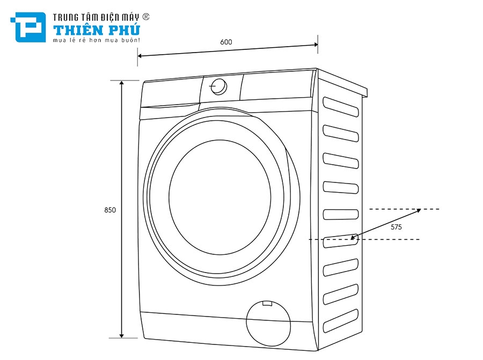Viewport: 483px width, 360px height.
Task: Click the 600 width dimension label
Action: tap(225, 42)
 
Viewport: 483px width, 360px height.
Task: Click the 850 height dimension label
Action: tap(110, 210)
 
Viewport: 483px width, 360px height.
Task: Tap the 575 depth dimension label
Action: tap(396, 227)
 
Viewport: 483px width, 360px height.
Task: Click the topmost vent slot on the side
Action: tap(341, 105)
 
